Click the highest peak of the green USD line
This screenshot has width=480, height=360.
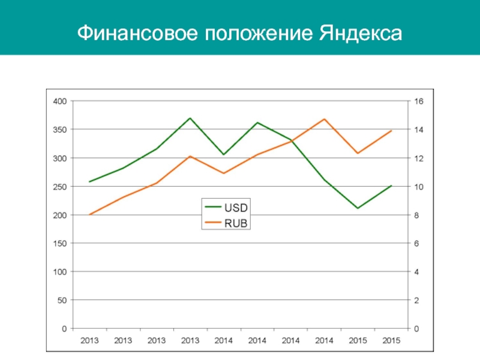(190, 118)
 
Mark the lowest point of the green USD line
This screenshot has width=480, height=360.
(358, 208)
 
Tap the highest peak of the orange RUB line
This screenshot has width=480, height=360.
(324, 119)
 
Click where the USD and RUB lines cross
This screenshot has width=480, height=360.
(293, 141)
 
